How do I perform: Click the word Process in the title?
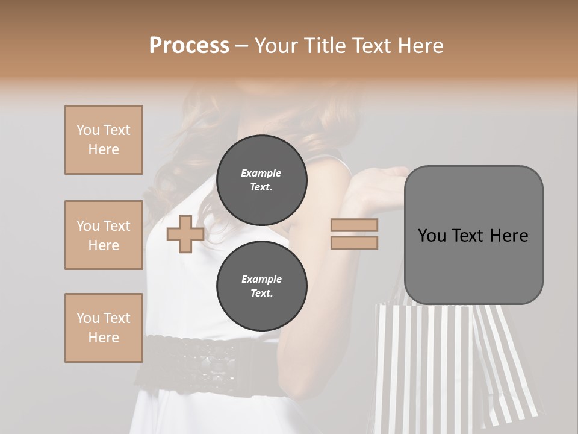[x=189, y=45]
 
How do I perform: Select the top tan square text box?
[x=104, y=140]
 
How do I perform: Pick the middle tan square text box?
[x=104, y=235]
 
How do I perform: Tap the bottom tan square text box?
[x=104, y=328]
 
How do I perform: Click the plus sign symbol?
[x=185, y=234]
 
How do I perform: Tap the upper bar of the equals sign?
[x=354, y=225]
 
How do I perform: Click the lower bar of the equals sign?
[x=354, y=242]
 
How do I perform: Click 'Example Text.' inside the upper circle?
[x=261, y=180]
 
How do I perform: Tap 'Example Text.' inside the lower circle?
[x=261, y=286]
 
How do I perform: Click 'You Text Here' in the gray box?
[x=473, y=236]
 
